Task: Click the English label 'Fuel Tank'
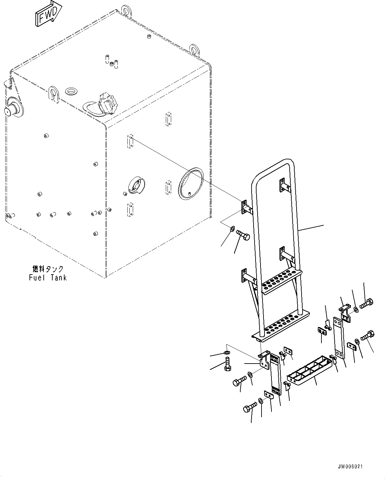[x=47, y=277]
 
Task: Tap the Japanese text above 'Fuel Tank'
[x=47, y=269]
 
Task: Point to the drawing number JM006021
[x=350, y=467]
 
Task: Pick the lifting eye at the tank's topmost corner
[x=126, y=10]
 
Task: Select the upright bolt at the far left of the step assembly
[x=227, y=364]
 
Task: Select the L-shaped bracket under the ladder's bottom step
[x=264, y=361]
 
